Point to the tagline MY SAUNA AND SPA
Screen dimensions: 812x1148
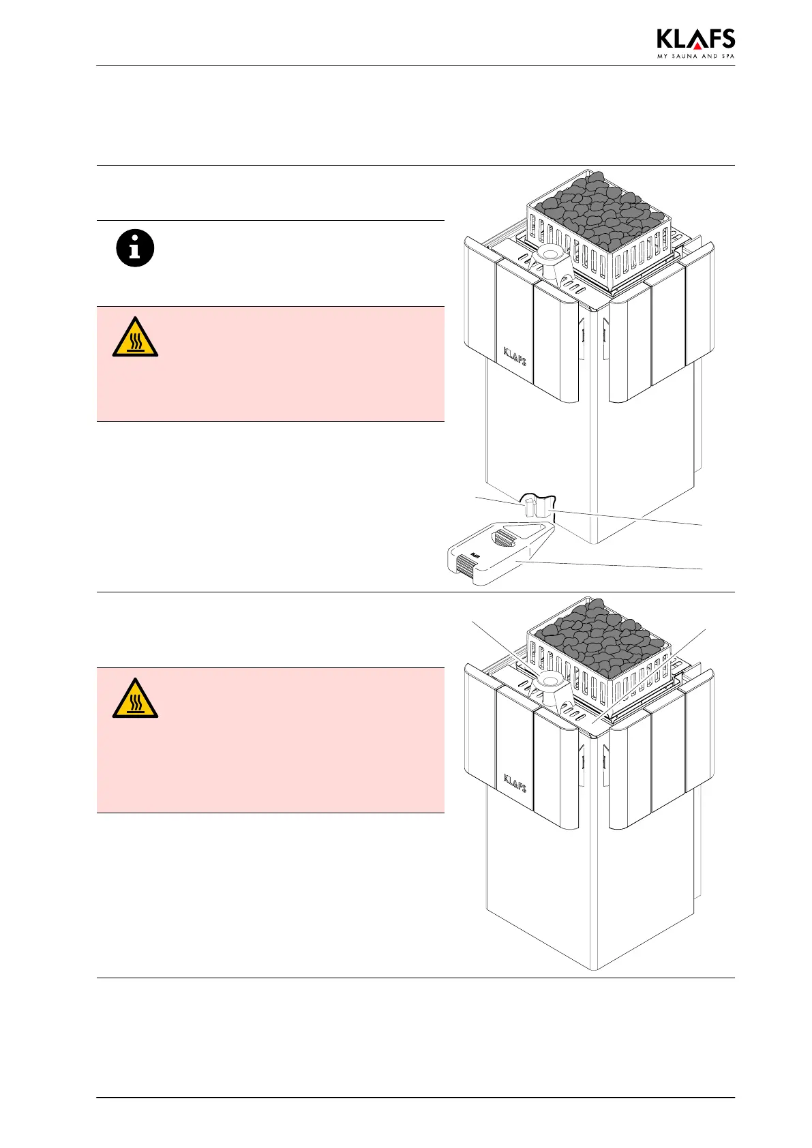click(x=695, y=56)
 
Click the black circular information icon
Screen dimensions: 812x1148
click(x=135, y=248)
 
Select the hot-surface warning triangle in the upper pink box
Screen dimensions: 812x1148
click(x=135, y=337)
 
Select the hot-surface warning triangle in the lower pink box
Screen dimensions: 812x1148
click(x=135, y=699)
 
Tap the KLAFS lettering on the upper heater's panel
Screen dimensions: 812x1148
click(x=515, y=355)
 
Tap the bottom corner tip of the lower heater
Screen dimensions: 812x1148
click(x=595, y=969)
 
